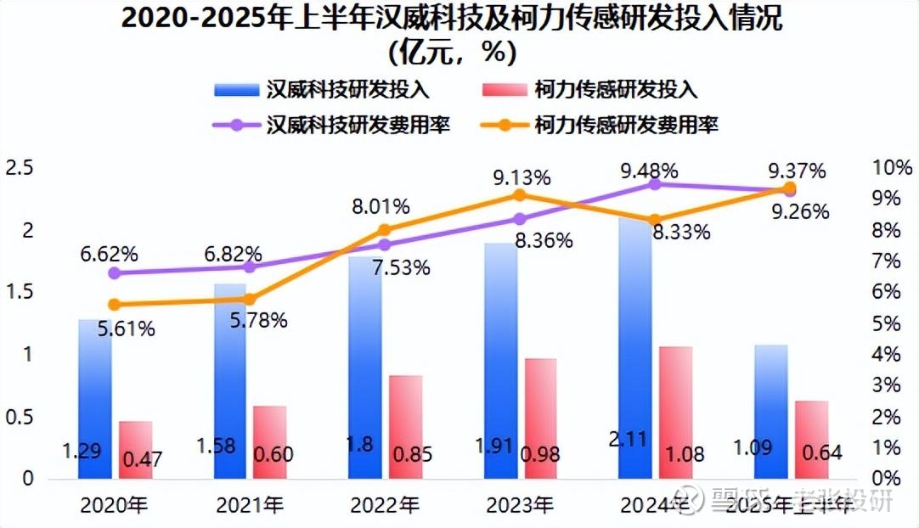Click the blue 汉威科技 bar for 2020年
coord(94,399)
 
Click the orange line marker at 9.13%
coord(520,195)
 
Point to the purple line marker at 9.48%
coord(655,183)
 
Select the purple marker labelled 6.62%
coord(115,273)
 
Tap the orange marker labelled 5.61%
coord(115,305)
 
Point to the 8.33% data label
coord(682,232)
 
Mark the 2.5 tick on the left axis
coord(18,168)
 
